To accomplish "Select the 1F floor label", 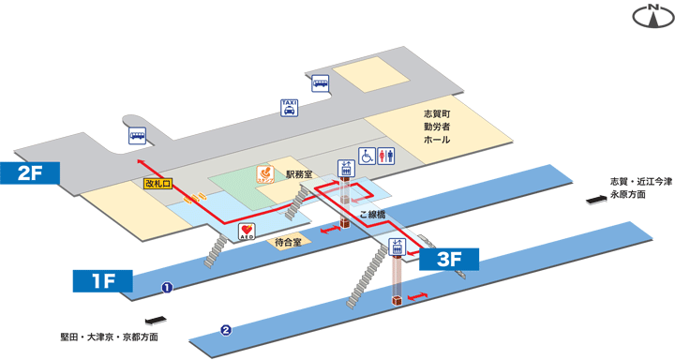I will pos(103,280).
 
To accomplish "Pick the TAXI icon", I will pos(291,108).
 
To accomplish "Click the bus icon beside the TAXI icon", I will pos(321,82).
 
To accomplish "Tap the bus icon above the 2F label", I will pos(138,136).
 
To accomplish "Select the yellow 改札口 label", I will pos(157,184).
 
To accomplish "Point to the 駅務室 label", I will pos(300,174).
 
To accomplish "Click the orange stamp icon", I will pos(267,175).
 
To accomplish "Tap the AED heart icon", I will pos(247,231).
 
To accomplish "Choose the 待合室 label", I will pos(288,242).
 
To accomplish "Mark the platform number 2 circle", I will pos(225,330).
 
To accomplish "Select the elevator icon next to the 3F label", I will pos(396,249).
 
